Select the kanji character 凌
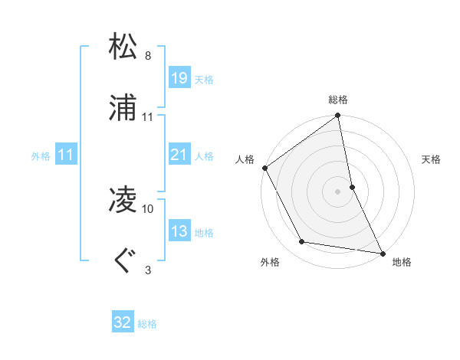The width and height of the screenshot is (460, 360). tap(123, 201)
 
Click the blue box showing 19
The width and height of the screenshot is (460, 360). tap(179, 77)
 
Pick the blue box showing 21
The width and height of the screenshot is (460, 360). tap(179, 155)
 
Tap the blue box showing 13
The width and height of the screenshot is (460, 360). tap(179, 231)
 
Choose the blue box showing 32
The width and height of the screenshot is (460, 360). tap(123, 322)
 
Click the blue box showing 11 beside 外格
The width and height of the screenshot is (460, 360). tap(66, 155)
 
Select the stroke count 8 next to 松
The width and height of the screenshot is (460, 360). tap(148, 56)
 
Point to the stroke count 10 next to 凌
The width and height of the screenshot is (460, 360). tap(148, 208)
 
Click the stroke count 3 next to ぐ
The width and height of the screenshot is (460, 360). tap(148, 270)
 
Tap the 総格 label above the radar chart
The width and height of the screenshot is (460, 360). tap(338, 100)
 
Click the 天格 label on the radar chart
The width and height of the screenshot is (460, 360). tap(431, 159)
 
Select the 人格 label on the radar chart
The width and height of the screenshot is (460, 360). tap(245, 159)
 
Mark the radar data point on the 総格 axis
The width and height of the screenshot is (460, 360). tap(338, 116)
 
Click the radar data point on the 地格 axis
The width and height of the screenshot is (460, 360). tap(382, 252)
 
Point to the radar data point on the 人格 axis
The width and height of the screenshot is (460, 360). tap(265, 168)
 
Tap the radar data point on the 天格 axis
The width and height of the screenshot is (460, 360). tap(352, 186)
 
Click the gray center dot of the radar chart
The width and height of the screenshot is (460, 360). tap(338, 191)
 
